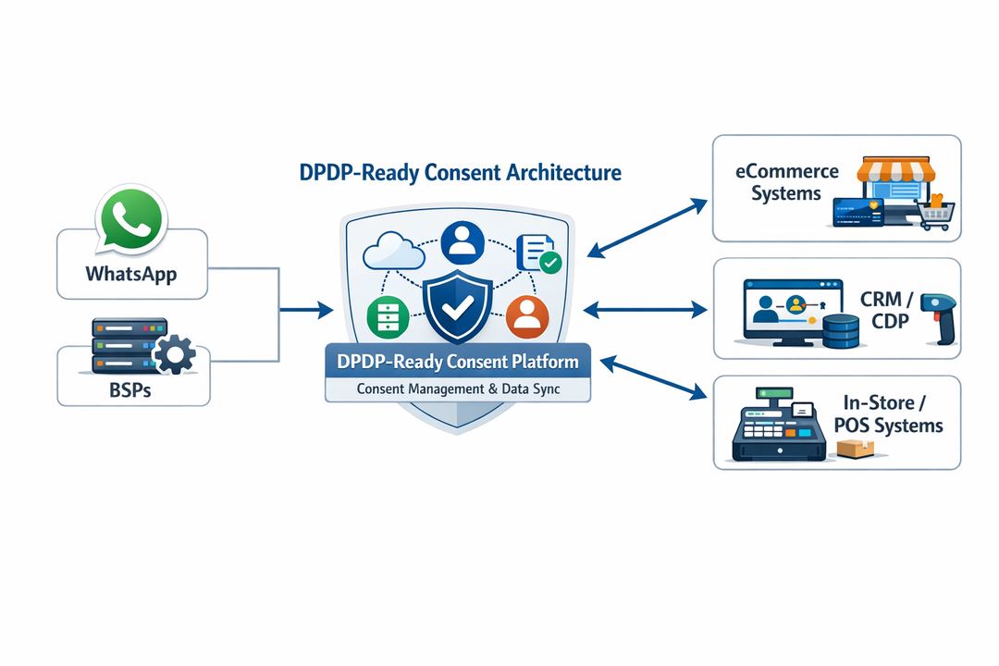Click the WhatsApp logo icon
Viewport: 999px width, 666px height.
(130, 219)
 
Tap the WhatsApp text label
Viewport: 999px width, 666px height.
(130, 274)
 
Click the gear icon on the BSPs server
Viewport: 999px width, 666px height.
(173, 354)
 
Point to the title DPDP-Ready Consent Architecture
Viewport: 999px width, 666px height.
(461, 172)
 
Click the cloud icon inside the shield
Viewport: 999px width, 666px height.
(388, 253)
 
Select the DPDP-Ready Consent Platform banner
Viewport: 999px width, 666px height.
(458, 362)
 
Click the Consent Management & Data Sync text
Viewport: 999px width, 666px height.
(458, 389)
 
